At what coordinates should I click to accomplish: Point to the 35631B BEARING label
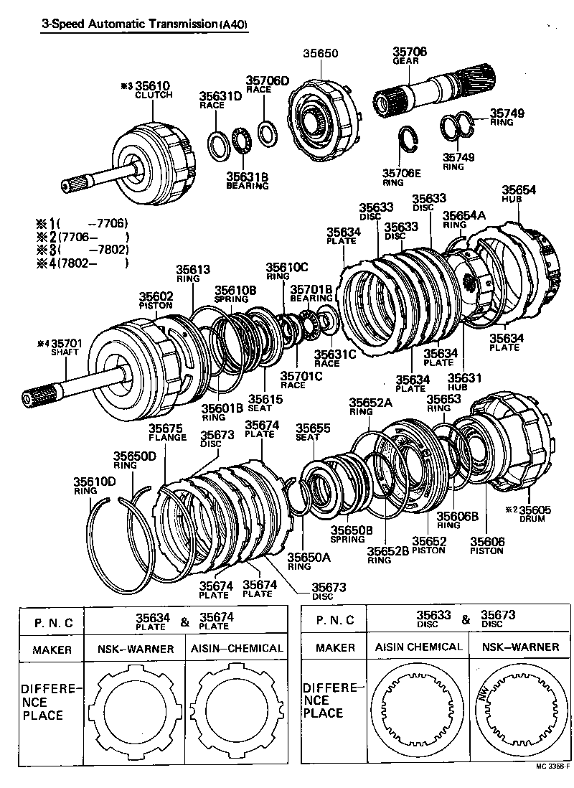[x=247, y=180]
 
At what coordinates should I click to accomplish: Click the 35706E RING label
[x=402, y=177]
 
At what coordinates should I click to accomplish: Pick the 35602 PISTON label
[x=156, y=299]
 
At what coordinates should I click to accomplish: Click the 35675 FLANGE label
[x=166, y=432]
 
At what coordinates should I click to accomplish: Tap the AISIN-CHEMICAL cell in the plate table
[x=236, y=648]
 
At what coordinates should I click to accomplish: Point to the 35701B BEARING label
[x=311, y=293]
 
